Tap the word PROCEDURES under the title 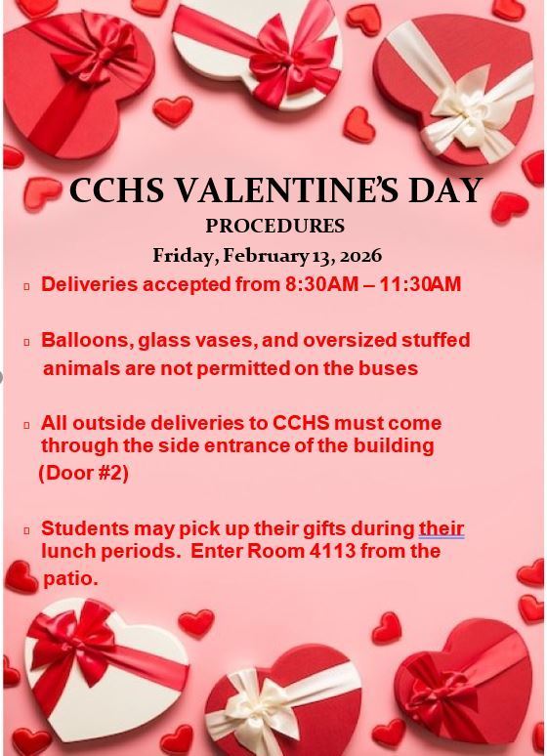tap(274, 227)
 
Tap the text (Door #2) tap(84, 473)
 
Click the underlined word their tap(442, 528)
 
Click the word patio tap(70, 578)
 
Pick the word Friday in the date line tap(183, 256)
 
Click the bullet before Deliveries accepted tap(27, 286)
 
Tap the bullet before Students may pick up tap(27, 530)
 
